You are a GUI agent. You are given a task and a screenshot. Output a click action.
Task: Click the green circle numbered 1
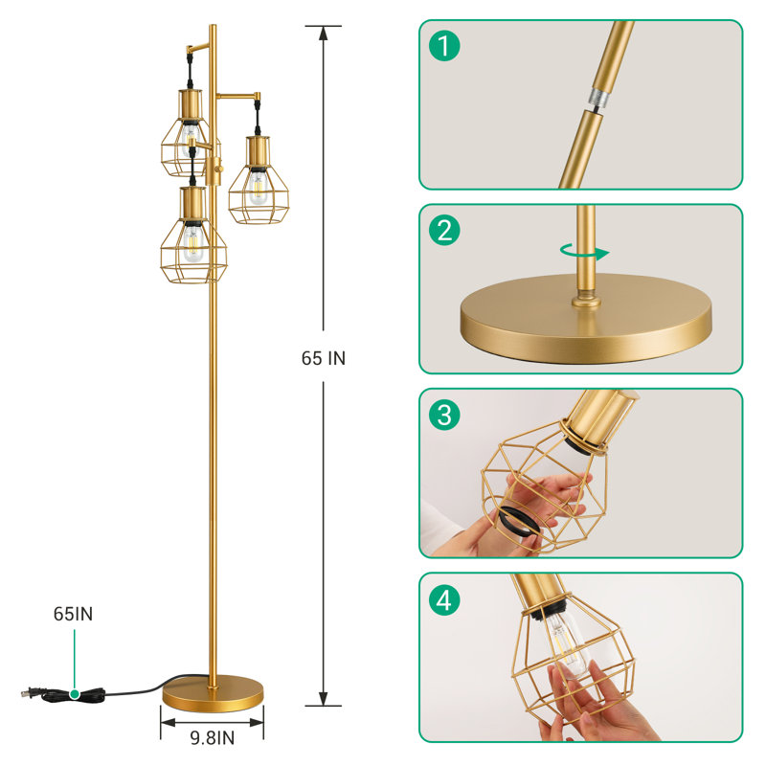tap(444, 46)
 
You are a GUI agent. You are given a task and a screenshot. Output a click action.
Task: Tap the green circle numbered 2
tap(444, 230)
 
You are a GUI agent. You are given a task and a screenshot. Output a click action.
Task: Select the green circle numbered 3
tap(444, 415)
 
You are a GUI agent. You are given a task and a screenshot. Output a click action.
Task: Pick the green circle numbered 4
tap(444, 599)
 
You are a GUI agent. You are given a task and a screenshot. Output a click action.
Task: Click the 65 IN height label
tap(324, 358)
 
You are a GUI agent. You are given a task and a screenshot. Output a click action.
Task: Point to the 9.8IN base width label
tap(213, 738)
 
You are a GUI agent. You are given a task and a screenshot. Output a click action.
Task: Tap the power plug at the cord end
tap(34, 692)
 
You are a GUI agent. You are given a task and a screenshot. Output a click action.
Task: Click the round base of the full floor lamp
tap(213, 692)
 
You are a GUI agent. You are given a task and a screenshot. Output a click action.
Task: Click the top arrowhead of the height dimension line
tap(324, 33)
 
